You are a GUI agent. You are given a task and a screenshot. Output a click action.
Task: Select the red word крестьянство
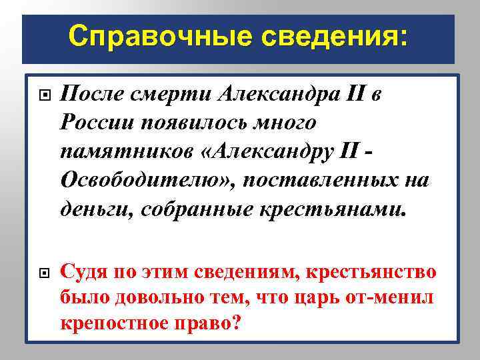(379, 272)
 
